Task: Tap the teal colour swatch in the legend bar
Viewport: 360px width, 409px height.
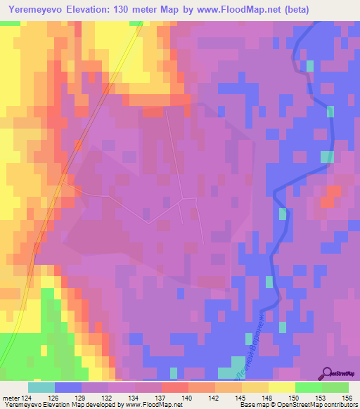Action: [41, 387]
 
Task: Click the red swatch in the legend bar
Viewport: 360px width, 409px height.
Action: [174, 387]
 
